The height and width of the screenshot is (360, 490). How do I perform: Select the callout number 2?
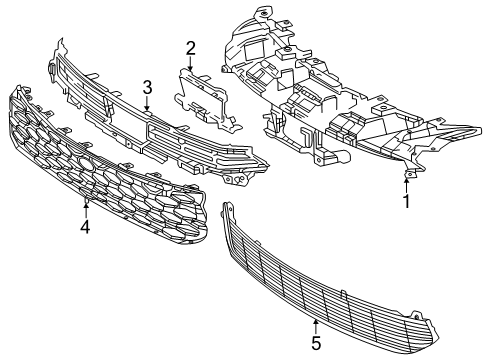click(x=190, y=47)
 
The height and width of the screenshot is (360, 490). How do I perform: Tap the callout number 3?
click(x=147, y=87)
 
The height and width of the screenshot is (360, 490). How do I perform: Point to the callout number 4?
click(x=85, y=227)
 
